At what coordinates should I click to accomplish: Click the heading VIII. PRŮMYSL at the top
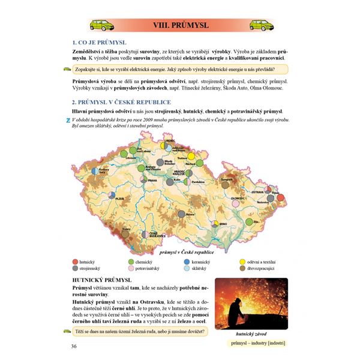click(x=180, y=26)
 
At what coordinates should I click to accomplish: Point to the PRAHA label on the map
click(x=153, y=180)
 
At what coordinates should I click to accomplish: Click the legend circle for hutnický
click(x=75, y=262)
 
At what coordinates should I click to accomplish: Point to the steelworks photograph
click(x=250, y=304)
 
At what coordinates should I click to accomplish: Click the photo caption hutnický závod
click(x=251, y=334)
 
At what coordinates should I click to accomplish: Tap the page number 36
click(x=74, y=346)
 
